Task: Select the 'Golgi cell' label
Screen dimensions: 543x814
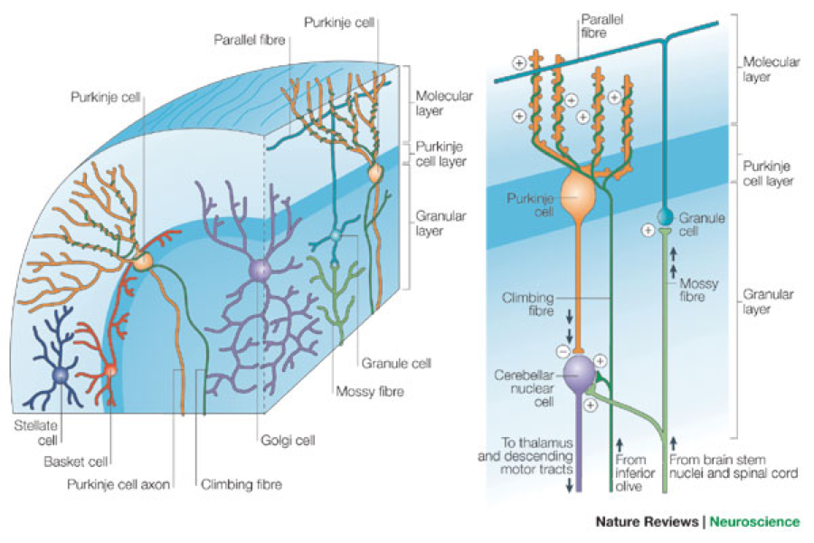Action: [x=276, y=441]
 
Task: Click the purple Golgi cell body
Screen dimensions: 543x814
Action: [x=260, y=269]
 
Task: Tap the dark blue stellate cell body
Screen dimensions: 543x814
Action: [x=61, y=375]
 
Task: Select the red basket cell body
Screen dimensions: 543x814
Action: [x=110, y=369]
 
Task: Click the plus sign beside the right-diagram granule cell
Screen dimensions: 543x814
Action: [x=648, y=231]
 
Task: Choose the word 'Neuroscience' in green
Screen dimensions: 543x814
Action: [x=754, y=521]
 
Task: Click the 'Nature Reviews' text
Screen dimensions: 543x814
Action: [x=647, y=521]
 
